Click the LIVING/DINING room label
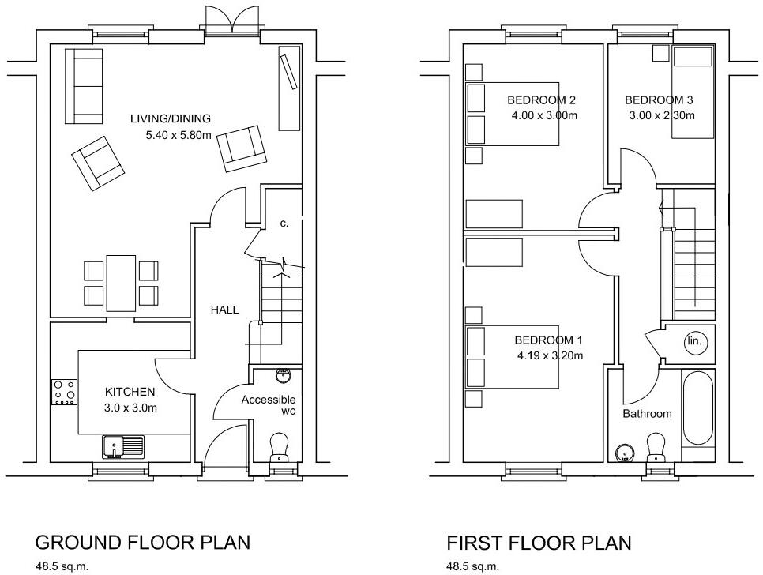coord(171,119)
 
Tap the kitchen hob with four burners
coord(64,391)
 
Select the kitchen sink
coord(122,446)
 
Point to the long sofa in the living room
coord(84,85)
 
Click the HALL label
coord(224,310)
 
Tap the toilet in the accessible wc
coord(279,448)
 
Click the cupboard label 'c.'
coord(284,224)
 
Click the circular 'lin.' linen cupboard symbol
coord(695,342)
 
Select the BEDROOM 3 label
coord(659,100)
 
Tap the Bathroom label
coord(647,414)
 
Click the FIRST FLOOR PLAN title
coord(539,543)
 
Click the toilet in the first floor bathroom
coord(655,448)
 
